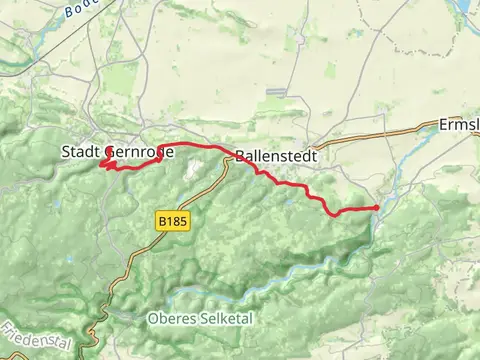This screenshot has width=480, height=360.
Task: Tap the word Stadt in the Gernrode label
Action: (83, 152)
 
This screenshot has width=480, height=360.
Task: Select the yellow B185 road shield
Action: (173, 217)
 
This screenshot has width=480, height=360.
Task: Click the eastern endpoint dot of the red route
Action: (376, 207)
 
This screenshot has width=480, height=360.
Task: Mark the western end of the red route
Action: (102, 163)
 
